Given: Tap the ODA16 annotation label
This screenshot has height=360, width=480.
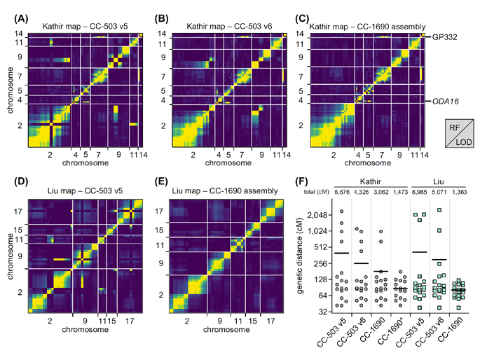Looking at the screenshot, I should tap(446, 101).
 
